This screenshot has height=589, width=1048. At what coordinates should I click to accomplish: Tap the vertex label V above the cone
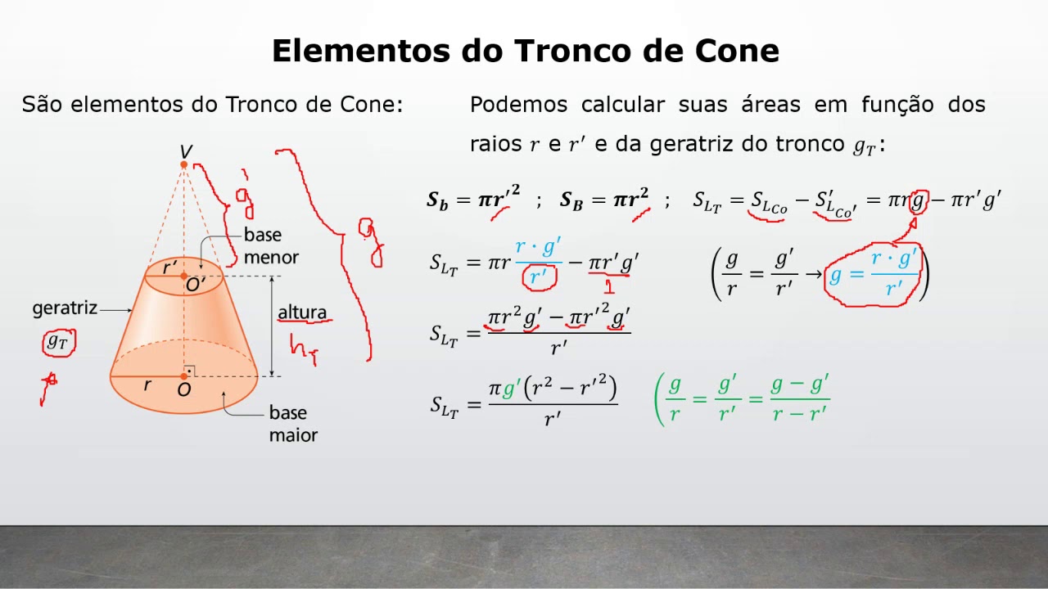[186, 151]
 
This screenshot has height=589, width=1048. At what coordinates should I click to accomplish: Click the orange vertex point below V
[184, 164]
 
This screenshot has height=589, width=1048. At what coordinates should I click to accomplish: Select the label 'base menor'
[271, 246]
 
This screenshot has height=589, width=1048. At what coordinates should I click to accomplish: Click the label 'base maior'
[292, 424]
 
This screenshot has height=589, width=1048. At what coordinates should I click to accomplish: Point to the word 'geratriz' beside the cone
[65, 308]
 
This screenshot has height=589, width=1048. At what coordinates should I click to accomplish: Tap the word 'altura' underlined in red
[301, 312]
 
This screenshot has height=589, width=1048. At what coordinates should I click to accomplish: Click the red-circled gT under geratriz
[58, 342]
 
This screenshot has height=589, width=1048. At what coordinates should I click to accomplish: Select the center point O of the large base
[184, 376]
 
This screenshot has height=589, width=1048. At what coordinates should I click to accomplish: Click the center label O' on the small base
[196, 285]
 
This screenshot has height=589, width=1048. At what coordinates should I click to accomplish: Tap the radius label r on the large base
[147, 384]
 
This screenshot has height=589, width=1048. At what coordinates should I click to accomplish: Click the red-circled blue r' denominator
[539, 277]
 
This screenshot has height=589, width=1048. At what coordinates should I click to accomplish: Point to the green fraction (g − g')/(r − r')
[800, 398]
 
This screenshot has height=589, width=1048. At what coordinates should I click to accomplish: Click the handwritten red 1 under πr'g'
[608, 286]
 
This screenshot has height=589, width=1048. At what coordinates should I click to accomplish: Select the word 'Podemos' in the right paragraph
[517, 105]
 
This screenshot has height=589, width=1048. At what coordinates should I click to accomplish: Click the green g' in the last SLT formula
[511, 390]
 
